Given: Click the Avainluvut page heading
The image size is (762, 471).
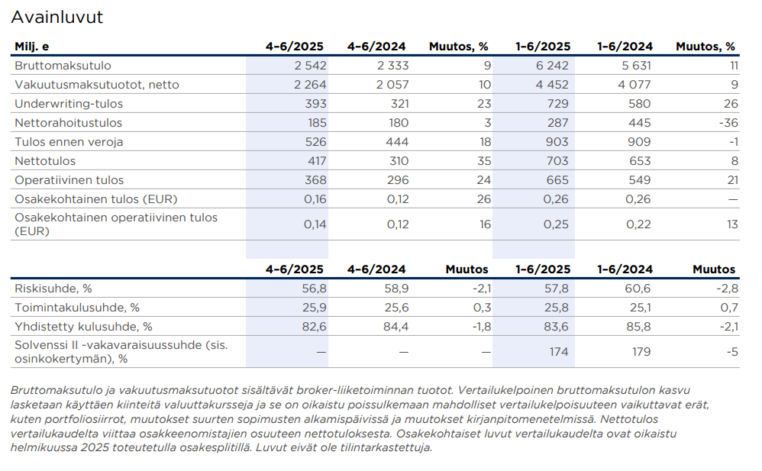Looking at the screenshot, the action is pyautogui.click(x=57, y=18).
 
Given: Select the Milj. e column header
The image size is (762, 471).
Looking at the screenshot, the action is pyautogui.click(x=31, y=47).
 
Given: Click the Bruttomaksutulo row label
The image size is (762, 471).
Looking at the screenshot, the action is pyautogui.click(x=63, y=66).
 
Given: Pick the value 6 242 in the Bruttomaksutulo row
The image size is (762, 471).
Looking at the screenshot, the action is pyautogui.click(x=552, y=66).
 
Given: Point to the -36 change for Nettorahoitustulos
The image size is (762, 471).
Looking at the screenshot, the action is pyautogui.click(x=728, y=123).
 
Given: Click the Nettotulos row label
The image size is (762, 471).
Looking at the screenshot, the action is pyautogui.click(x=45, y=161).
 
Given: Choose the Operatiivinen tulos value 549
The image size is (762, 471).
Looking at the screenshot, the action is pyautogui.click(x=639, y=180).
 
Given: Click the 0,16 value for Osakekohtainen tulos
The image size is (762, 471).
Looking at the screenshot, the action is pyautogui.click(x=315, y=199).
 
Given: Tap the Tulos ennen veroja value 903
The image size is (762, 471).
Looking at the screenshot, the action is pyautogui.click(x=557, y=142).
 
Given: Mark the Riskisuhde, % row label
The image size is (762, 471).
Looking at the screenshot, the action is pyautogui.click(x=53, y=289).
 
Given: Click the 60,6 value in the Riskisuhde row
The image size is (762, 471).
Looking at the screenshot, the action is pyautogui.click(x=638, y=289).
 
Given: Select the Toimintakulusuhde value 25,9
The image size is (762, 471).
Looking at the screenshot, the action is pyautogui.click(x=314, y=308).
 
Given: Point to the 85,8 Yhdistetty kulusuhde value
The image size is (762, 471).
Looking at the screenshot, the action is pyautogui.click(x=638, y=327).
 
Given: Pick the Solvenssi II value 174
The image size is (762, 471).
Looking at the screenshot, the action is pyautogui.click(x=559, y=352).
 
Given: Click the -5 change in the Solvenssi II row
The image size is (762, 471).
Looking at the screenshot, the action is pyautogui.click(x=732, y=352).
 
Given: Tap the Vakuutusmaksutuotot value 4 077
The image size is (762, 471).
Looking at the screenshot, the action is pyautogui.click(x=634, y=85).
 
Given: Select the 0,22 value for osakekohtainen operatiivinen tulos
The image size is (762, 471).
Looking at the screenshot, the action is pyautogui.click(x=638, y=224).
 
